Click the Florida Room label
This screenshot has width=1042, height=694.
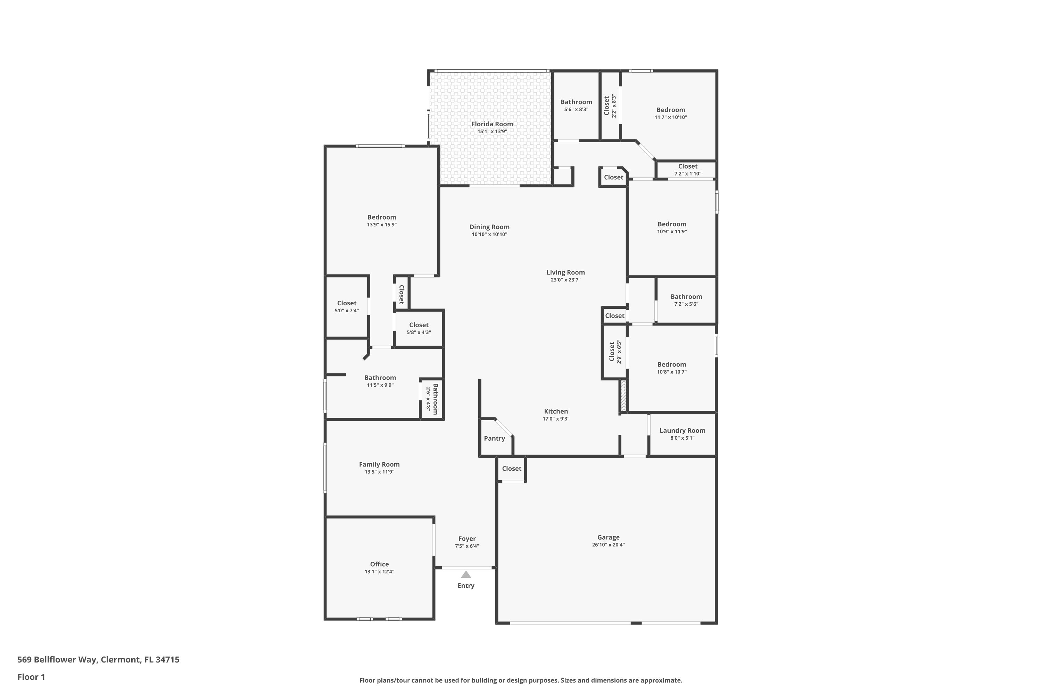click(492, 124)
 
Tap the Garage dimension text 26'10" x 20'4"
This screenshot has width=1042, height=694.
click(608, 545)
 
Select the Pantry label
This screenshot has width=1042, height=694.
click(494, 438)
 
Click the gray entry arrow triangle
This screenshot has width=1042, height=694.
click(466, 575)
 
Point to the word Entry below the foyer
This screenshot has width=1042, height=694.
click(466, 586)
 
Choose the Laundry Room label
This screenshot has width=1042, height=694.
click(682, 430)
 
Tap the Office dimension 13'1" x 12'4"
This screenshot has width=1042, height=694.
click(379, 572)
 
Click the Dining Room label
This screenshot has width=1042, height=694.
click(489, 227)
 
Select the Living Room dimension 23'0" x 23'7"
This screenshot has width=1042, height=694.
click(566, 280)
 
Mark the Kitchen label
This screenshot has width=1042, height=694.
click(556, 411)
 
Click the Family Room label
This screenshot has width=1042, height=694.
click(379, 464)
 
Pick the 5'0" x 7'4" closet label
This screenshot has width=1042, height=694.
click(346, 306)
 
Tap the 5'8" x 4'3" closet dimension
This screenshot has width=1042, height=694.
click(419, 332)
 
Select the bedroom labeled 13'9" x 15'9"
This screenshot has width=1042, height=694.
click(382, 220)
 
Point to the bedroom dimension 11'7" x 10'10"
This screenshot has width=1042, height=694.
click(671, 117)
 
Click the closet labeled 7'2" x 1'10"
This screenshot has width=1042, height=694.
click(688, 170)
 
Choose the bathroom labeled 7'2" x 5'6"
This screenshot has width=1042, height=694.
click(686, 300)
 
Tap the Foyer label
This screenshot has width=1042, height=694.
click(467, 539)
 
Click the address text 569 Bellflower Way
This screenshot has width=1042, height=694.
click(57, 660)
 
